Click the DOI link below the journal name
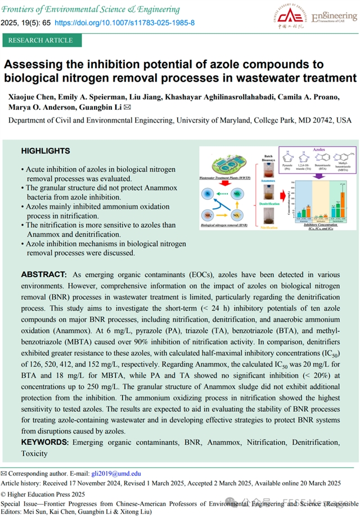pyautogui.click(x=124, y=23)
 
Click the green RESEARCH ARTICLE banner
pyautogui.click(x=40, y=41)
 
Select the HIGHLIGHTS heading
pyautogui.click(x=46, y=151)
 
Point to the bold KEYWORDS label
pyautogui.click(x=45, y=443)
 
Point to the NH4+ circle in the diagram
pyautogui.click(x=209, y=215)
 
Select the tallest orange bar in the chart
pyautogui.click(x=343, y=208)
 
